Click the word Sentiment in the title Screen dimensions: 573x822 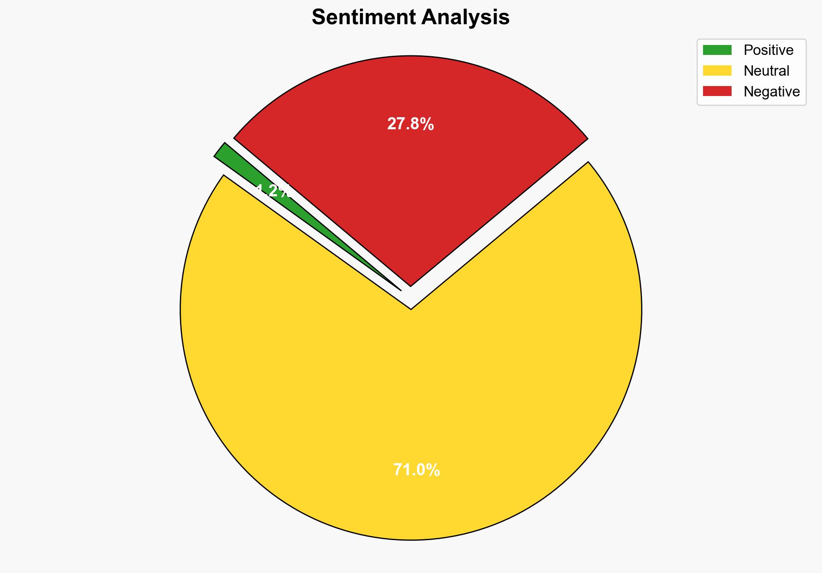pos(364,18)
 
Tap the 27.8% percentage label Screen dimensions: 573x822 pos(410,125)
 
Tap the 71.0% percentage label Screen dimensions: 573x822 pos(416,470)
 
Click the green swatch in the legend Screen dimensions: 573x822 pos(717,50)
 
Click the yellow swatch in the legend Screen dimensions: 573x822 pos(717,70)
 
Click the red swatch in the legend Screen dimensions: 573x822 pos(717,91)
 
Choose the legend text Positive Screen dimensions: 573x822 pos(768,50)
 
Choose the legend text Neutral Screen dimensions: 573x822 pos(766,71)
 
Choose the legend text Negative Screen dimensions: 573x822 pos(771,92)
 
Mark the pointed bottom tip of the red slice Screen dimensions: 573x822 pos(411,285)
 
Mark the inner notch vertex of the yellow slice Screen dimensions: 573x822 pos(411,309)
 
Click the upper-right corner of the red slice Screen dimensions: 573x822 pos(587,139)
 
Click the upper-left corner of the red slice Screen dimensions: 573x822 pos(234,138)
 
